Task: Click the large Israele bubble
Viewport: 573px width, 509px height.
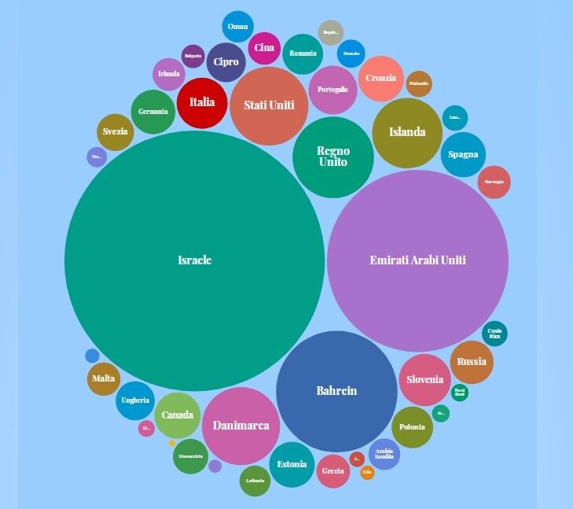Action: click(194, 260)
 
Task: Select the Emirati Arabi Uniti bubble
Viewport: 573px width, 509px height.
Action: click(417, 260)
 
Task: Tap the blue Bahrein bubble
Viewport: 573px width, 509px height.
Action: click(336, 391)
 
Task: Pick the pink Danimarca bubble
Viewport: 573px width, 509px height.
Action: click(241, 426)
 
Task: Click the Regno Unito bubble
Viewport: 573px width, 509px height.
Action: click(333, 157)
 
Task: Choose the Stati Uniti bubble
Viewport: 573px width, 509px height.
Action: click(269, 105)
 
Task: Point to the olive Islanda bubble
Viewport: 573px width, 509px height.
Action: click(407, 132)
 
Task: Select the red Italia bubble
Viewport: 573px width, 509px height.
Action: click(202, 102)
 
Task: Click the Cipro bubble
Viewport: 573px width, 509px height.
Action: click(226, 62)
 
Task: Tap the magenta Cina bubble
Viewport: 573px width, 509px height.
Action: click(263, 48)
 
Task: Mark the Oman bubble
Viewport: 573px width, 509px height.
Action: click(237, 27)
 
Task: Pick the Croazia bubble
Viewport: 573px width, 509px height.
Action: click(381, 79)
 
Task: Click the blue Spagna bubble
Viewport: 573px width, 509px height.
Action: click(463, 155)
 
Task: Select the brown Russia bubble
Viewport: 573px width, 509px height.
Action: click(472, 363)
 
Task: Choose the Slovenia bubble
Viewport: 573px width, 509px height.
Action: click(424, 380)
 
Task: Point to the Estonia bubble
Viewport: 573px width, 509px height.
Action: click(292, 464)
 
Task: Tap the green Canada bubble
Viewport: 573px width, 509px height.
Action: click(178, 415)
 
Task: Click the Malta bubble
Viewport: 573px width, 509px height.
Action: click(103, 379)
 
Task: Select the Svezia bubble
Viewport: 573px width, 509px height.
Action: click(115, 132)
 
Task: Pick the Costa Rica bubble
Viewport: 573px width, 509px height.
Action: click(494, 334)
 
